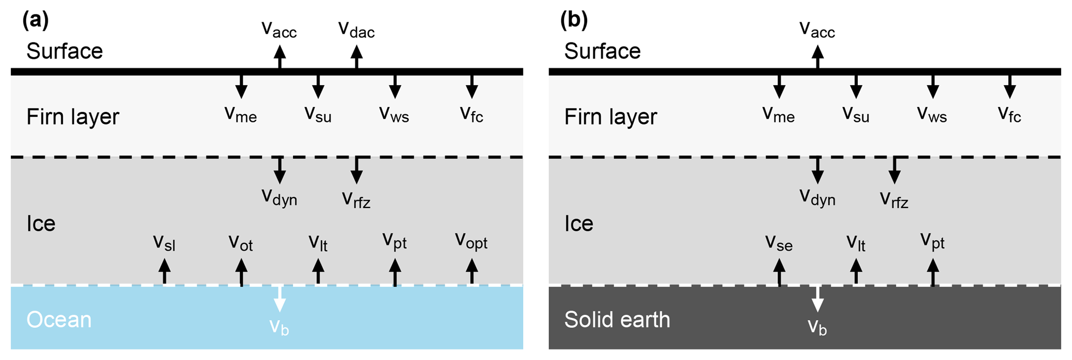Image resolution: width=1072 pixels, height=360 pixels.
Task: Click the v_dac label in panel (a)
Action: (356, 30)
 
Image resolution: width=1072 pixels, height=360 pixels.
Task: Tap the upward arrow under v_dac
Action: (356, 57)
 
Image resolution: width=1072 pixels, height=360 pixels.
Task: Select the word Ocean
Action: (59, 320)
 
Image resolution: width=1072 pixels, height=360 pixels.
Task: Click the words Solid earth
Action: (617, 320)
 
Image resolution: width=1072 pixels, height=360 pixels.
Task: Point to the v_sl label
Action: (164, 243)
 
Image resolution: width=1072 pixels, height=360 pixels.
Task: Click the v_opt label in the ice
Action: (471, 242)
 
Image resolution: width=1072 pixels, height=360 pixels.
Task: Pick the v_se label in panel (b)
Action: (778, 243)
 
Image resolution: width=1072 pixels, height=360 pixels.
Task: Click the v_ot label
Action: (241, 243)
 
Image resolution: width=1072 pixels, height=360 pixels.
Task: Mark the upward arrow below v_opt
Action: (471, 271)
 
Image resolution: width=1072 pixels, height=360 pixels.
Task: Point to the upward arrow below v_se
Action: (779, 271)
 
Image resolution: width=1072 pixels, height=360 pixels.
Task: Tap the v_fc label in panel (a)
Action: (471, 114)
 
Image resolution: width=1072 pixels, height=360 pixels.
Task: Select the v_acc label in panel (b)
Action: (817, 30)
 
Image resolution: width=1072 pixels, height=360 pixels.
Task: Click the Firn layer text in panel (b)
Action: (610, 117)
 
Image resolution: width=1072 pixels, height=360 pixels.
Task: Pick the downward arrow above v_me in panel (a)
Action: (241, 86)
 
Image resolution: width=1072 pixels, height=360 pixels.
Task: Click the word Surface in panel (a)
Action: (65, 51)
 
